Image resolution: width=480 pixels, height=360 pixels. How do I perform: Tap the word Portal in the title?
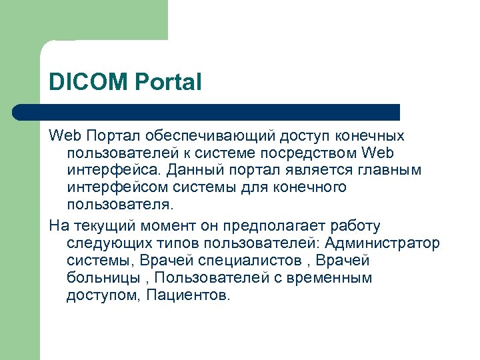(168, 83)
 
